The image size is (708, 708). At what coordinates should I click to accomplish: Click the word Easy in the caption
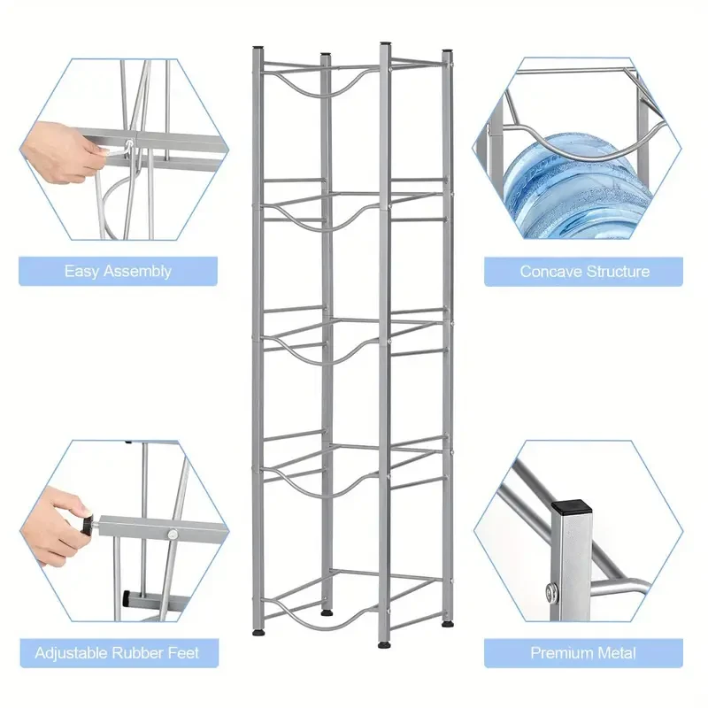[81, 271]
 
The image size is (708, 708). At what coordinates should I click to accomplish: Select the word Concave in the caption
[549, 271]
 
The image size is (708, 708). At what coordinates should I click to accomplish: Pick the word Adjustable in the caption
[73, 654]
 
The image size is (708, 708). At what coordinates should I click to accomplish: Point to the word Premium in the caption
[562, 654]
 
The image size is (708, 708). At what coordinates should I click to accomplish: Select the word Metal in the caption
[616, 654]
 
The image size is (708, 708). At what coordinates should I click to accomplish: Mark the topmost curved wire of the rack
[321, 84]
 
